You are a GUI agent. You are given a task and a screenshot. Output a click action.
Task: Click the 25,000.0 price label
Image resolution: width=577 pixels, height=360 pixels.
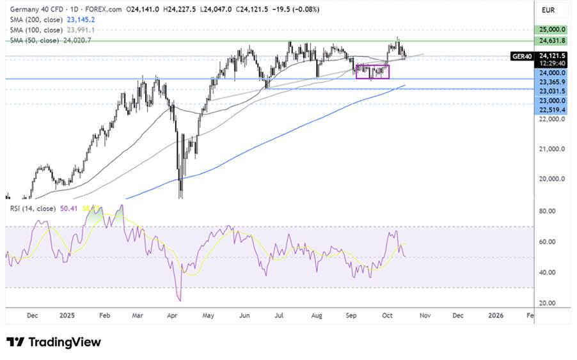click(x=553, y=29)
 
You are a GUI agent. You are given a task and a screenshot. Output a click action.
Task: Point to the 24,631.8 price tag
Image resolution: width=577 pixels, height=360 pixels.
click(x=553, y=40)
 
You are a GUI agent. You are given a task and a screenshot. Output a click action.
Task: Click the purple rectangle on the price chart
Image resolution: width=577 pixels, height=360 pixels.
click(x=372, y=72)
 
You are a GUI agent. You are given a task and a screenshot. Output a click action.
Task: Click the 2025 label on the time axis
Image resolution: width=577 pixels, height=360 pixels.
click(x=68, y=315)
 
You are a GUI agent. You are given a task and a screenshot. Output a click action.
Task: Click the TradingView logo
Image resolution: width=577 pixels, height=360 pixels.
click(x=54, y=342)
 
